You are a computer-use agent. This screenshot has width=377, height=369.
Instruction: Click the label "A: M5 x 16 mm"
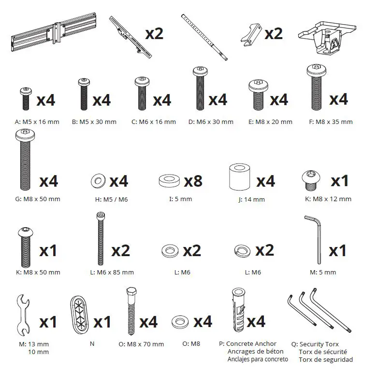[37, 122]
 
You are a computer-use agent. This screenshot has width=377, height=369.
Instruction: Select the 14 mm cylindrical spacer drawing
[238, 178]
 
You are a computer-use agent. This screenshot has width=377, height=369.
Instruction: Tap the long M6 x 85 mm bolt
[100, 238]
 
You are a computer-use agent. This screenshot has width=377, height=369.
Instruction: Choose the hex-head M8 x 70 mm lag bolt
[130, 311]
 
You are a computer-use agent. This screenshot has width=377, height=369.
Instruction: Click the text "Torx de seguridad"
[325, 359]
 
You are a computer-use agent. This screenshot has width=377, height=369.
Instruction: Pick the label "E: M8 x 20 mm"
[270, 122]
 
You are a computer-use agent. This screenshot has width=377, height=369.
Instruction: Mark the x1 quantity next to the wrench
[48, 322]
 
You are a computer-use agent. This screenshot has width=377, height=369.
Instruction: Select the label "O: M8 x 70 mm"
[141, 344]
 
